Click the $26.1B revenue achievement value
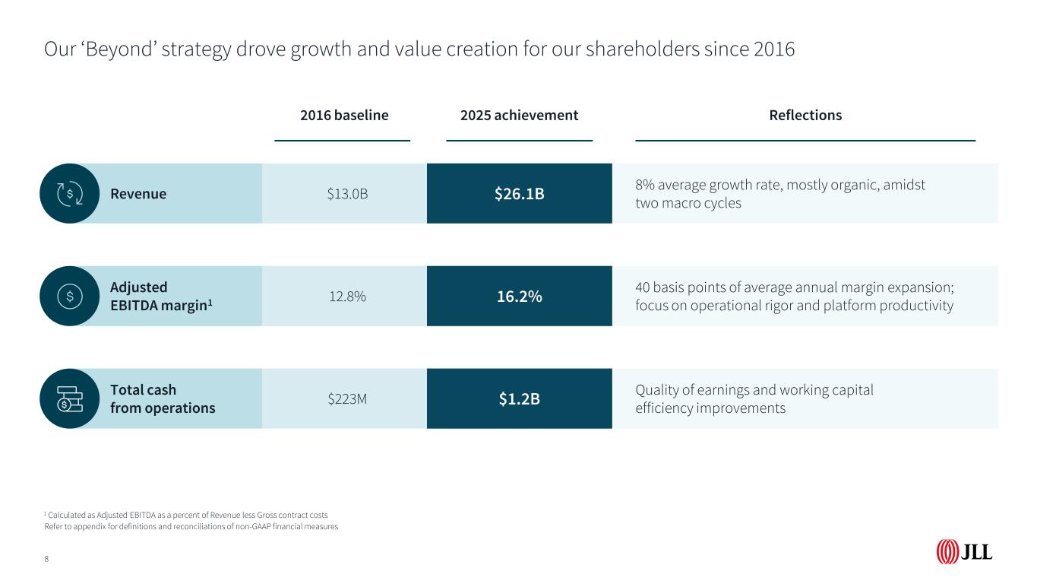tap(519, 194)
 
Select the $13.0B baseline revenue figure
tap(347, 194)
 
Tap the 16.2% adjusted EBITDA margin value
tap(519, 297)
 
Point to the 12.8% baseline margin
tap(347, 297)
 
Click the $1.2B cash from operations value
tap(519, 399)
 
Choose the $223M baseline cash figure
tap(347, 399)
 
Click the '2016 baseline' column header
tap(344, 116)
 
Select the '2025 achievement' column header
tap(519, 116)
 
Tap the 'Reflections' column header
tap(805, 116)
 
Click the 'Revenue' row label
tap(138, 194)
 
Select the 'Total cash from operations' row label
tap(163, 399)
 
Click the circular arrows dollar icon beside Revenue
tap(70, 194)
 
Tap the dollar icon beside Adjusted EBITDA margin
tap(70, 297)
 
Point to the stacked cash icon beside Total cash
tap(70, 399)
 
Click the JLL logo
tap(964, 552)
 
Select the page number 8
tap(46, 559)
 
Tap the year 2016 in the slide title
tap(774, 50)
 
